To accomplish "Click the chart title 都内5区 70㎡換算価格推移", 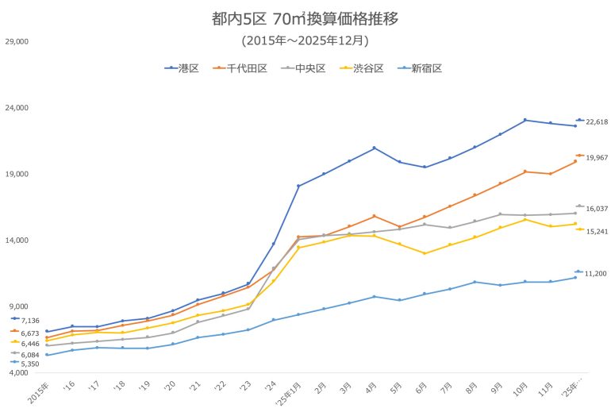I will pos(305,18).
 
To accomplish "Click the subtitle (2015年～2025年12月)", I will pos(305,40).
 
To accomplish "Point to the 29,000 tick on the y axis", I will pos(17,40).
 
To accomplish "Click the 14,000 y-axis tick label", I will pos(17,241).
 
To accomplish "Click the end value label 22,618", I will pos(596,122).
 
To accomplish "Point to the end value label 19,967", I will pos(596,158).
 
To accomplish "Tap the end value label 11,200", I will pos(596,274).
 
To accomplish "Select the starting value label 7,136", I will pos(29,321).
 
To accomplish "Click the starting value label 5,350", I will pos(29,364).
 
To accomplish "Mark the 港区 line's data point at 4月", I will pos(374,148).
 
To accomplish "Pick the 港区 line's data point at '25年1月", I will pos(298,186).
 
